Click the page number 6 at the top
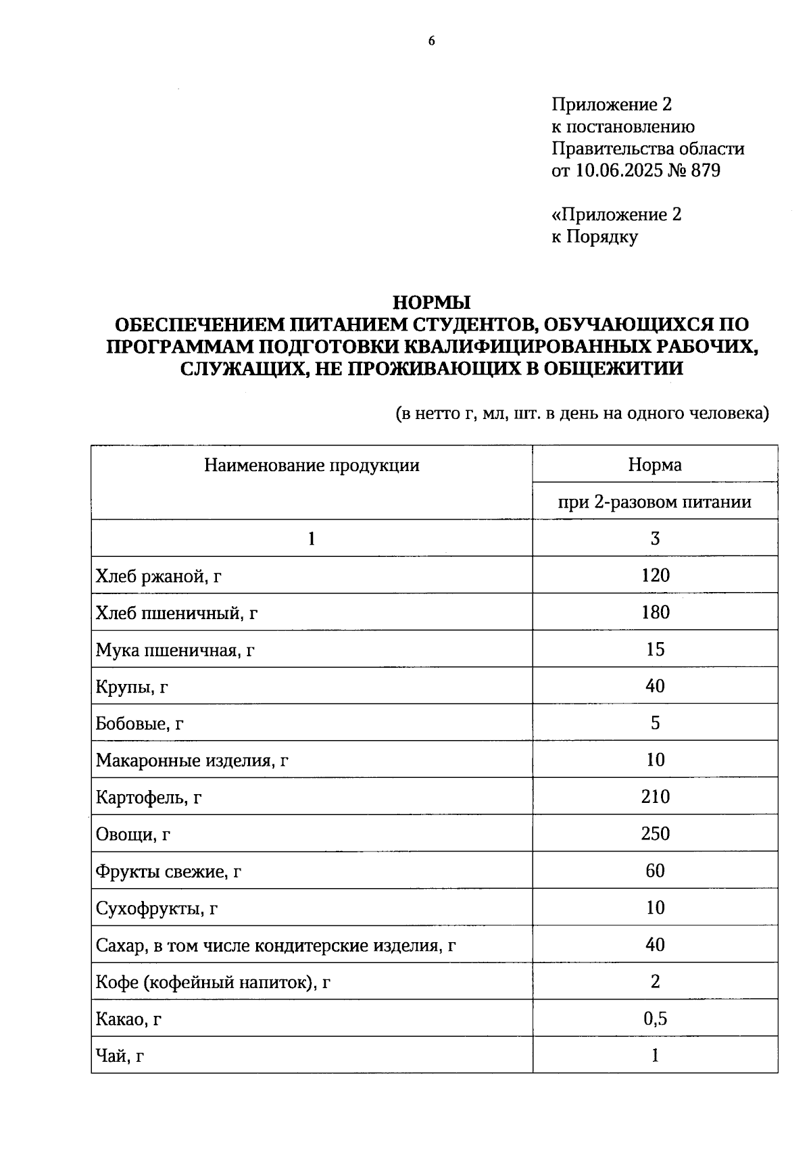point(432,41)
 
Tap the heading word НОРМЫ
point(432,302)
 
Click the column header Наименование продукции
point(312,465)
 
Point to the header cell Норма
point(654,465)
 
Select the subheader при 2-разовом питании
point(654,502)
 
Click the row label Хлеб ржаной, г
point(159,577)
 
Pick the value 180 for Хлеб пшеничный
point(655,612)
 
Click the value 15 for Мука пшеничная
point(655,650)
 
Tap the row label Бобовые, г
point(140,724)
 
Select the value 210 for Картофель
point(655,797)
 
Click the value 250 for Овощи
point(655,833)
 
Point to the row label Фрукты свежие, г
point(168,872)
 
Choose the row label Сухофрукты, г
point(156,908)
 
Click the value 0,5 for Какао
point(655,1019)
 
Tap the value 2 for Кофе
point(655,981)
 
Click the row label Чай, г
point(120,1056)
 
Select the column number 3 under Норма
point(654,539)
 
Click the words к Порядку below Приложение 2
point(595,237)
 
